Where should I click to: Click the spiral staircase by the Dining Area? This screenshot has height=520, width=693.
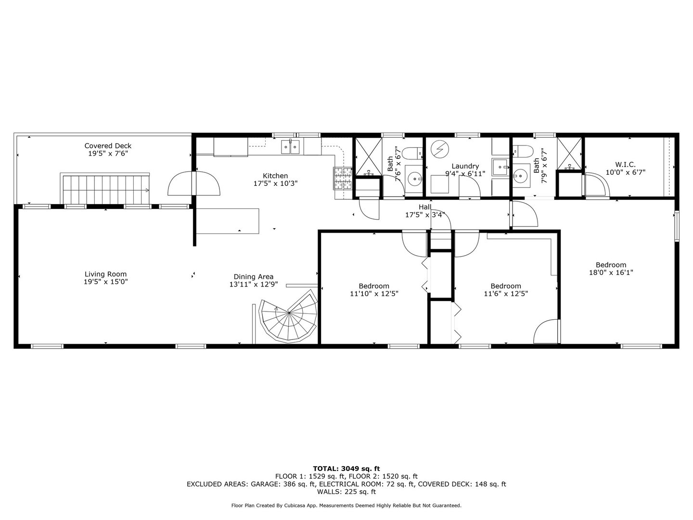point(288,316)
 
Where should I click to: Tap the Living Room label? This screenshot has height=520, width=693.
point(105,274)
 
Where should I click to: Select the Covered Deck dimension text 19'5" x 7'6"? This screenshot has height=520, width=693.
point(108,154)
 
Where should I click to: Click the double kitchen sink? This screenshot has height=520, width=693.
point(290,147)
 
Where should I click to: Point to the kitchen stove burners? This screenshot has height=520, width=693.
point(343,178)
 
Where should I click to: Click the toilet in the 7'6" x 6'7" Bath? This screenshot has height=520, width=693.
point(413,153)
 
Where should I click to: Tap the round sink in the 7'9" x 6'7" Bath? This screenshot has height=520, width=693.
point(520,174)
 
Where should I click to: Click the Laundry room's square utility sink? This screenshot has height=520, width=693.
point(500,167)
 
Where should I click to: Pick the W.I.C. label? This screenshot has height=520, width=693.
point(625,165)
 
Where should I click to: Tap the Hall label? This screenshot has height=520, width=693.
point(425,207)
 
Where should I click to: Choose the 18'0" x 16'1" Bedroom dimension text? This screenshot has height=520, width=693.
point(611,273)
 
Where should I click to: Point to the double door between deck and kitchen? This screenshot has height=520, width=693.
point(194,183)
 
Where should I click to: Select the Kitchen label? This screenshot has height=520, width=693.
point(275,176)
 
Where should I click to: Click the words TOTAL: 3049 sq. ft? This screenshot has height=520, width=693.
point(346,468)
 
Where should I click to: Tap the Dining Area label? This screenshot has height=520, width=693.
point(254,277)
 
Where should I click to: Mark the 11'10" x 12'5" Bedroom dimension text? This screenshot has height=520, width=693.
point(374,294)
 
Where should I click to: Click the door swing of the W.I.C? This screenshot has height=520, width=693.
point(596,184)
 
